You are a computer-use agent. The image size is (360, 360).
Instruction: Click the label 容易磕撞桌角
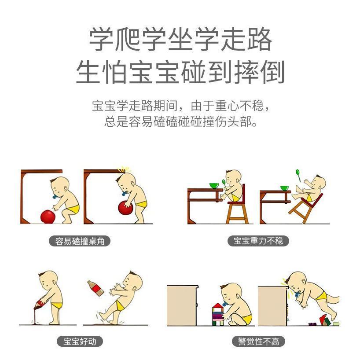80,241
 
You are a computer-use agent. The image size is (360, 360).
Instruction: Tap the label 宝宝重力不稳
258,241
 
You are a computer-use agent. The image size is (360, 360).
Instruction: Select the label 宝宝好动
80,342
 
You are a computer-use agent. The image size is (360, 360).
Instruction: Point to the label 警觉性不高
258,342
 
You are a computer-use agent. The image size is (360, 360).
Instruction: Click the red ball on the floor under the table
48,216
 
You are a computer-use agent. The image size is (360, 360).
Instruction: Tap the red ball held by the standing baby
125,208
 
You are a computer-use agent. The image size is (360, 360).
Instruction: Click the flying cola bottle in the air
96,288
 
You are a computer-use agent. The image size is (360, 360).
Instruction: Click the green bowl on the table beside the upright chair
214,186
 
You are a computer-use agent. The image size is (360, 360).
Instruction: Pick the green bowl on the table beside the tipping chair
284,188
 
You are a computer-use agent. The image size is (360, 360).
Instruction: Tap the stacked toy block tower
218,314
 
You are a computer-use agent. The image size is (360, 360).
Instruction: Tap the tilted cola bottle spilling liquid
40,303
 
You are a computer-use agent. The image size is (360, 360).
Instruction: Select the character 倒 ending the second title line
272,72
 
